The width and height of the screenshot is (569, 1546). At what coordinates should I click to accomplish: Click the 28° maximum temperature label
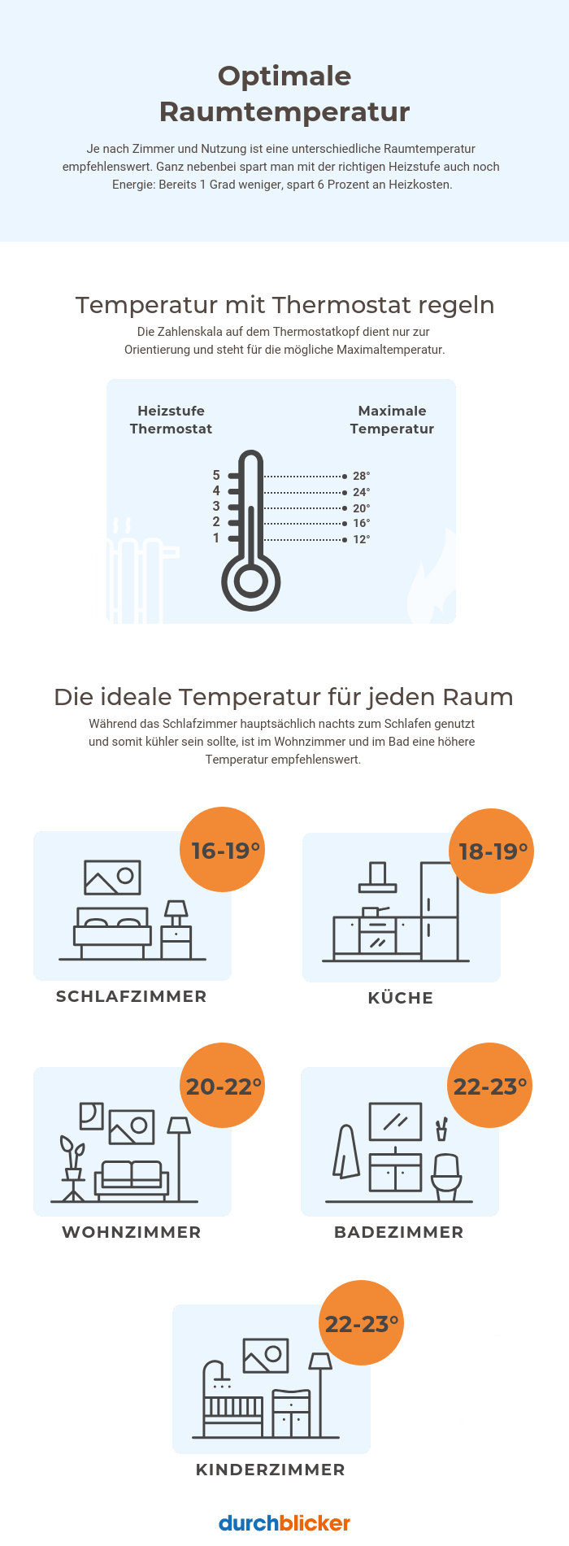[361, 476]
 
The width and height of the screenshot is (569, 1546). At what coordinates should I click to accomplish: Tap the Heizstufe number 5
[216, 475]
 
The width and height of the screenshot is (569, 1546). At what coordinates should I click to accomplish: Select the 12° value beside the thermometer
[361, 539]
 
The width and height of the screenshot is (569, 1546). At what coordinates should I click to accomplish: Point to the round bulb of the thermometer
[250, 582]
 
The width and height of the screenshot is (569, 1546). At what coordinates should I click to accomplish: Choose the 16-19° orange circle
[223, 850]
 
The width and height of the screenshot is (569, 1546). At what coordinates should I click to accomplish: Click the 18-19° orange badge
[492, 851]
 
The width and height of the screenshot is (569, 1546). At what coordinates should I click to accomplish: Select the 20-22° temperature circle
[223, 1086]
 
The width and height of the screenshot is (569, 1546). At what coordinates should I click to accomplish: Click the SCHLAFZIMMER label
[131, 996]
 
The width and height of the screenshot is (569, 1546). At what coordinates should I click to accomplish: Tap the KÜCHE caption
[400, 998]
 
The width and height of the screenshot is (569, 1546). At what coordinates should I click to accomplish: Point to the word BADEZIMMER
[398, 1232]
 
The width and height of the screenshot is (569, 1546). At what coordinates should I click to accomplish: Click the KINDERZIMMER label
[270, 1470]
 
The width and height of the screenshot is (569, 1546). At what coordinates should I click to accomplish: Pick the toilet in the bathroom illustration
[446, 1175]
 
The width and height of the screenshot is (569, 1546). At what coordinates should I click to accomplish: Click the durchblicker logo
[284, 1522]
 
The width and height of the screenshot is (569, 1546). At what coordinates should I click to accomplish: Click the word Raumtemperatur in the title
[284, 111]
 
